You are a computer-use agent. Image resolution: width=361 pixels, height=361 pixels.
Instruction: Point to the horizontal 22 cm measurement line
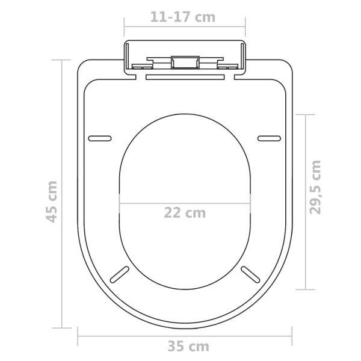[144, 203]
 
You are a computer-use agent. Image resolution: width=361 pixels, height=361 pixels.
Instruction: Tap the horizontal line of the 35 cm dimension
[120, 334]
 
